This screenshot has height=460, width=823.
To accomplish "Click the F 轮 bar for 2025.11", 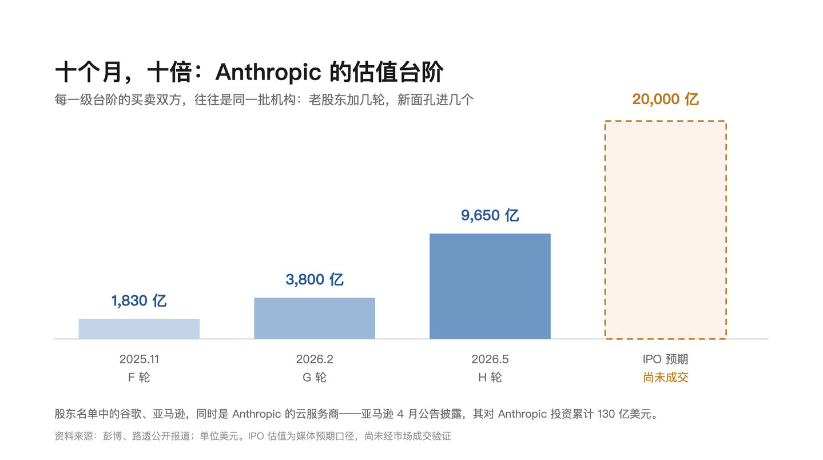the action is [x=139, y=329].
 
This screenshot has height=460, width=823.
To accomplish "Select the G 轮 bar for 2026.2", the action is [x=315, y=318].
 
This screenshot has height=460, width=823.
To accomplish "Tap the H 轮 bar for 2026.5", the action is [x=490, y=286].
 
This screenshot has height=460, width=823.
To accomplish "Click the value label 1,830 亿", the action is [x=139, y=301].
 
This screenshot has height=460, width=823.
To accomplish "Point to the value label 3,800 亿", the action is [x=315, y=280].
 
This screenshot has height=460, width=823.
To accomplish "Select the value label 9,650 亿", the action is [x=490, y=216].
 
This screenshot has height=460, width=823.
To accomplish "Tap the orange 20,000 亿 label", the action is [x=665, y=99].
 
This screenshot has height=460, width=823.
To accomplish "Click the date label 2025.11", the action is [x=139, y=359].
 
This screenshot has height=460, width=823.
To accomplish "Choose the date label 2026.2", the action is [x=315, y=359].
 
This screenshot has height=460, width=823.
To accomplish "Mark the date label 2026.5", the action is [x=490, y=359].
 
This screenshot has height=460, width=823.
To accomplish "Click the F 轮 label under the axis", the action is [x=139, y=378].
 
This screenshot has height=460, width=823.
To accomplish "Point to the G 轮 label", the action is [x=315, y=378].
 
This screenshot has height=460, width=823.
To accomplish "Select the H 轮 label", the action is [x=490, y=378].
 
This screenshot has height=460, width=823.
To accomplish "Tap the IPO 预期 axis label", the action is [x=665, y=359].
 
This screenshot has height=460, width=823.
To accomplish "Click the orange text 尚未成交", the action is [x=665, y=378].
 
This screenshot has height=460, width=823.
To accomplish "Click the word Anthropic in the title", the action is [x=268, y=72].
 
